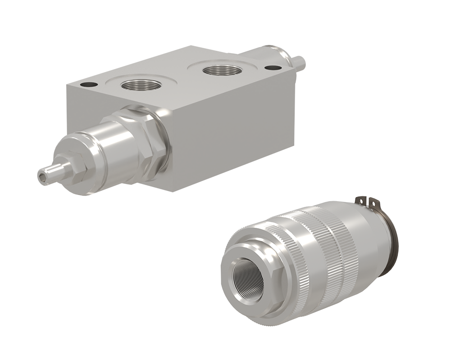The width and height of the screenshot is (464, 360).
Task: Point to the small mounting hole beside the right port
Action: coord(271,68)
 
